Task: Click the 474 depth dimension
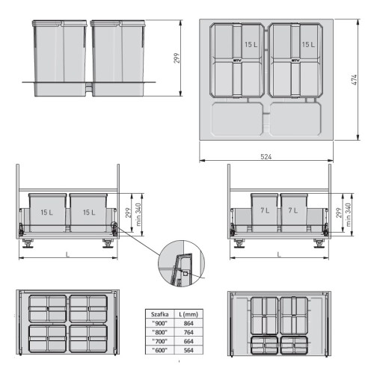(354, 79)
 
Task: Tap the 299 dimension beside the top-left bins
(177, 58)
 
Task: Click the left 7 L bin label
(264, 212)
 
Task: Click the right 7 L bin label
(293, 212)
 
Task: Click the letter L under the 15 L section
(68, 255)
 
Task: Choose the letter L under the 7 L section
(279, 255)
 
